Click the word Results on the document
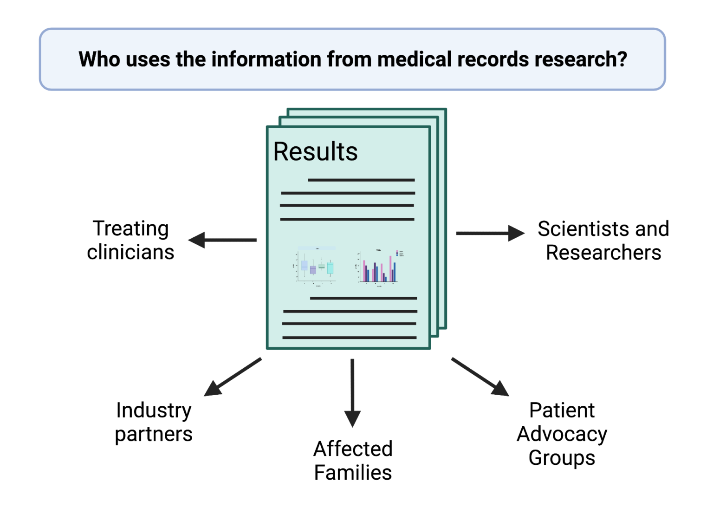[x=315, y=151]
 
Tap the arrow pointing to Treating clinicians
[x=223, y=240]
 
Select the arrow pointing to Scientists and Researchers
[x=490, y=233]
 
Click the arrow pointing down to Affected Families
[x=352, y=392]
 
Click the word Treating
[x=130, y=228]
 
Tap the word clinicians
[x=130, y=252]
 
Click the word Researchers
[x=603, y=253]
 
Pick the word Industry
[x=154, y=410]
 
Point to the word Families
[x=353, y=473]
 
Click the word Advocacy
[x=562, y=434]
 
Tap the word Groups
[x=562, y=458]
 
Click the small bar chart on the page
[x=379, y=267]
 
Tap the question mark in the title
[x=622, y=59]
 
